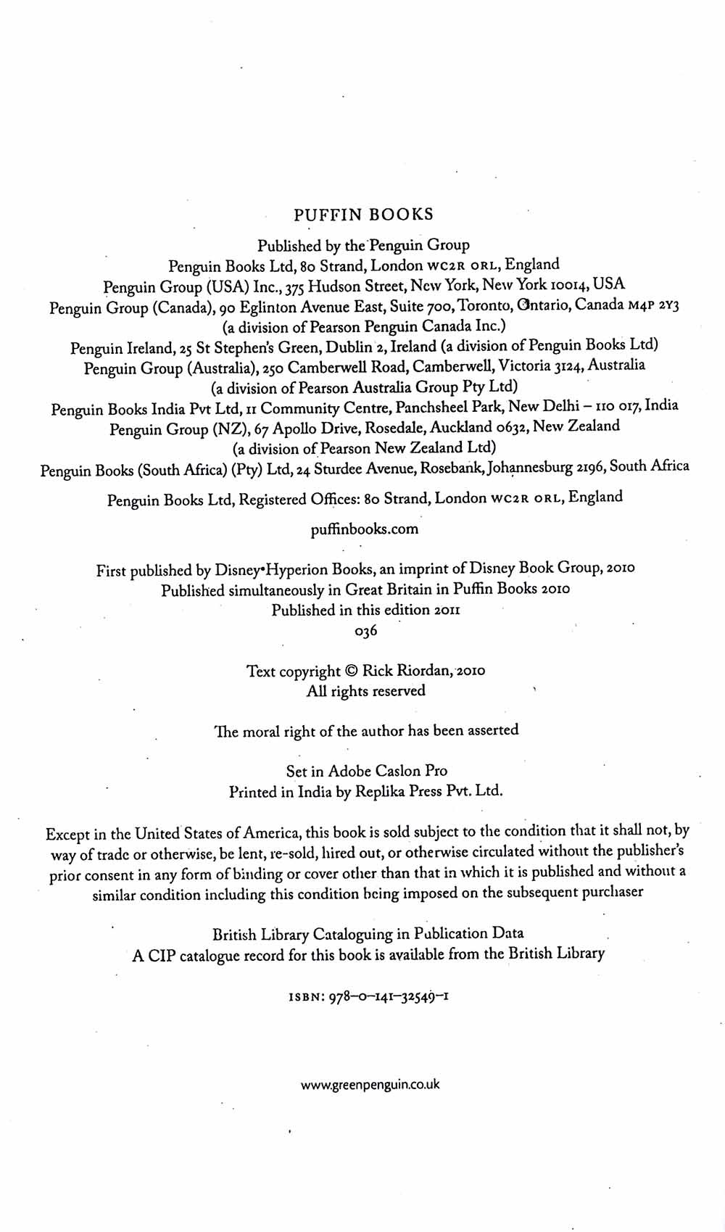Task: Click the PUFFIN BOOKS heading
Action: click(x=363, y=215)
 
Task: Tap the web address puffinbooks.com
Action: click(x=364, y=529)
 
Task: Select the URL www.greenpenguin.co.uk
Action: click(x=370, y=1086)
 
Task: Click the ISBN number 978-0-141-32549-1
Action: click(x=391, y=997)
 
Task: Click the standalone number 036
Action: click(x=366, y=631)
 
